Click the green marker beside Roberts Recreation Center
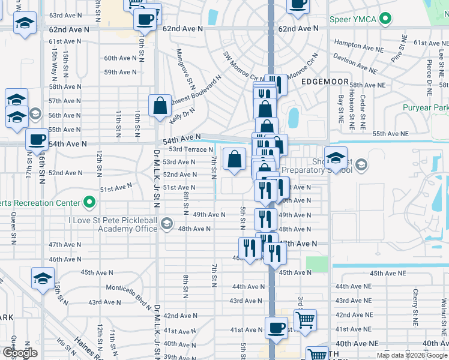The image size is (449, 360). [89, 202]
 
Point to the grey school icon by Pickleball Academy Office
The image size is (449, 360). [167, 224]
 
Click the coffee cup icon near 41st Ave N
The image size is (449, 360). [276, 327]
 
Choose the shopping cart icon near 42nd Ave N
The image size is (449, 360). [305, 318]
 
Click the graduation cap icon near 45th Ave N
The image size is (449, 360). [43, 278]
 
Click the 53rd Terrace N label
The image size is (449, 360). [191, 149]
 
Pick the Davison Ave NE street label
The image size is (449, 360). [355, 62]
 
